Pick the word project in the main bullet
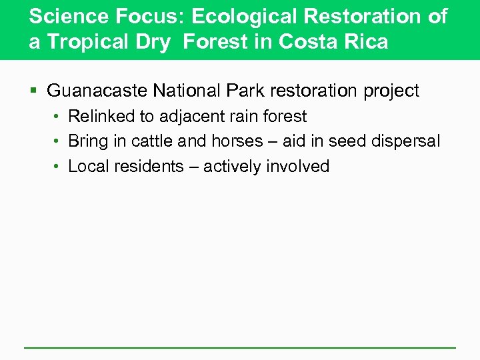click(388, 91)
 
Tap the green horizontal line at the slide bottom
click(240, 347)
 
